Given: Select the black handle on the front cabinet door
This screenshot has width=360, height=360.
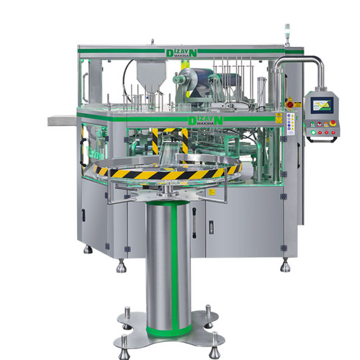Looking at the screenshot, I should pos(210,228).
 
